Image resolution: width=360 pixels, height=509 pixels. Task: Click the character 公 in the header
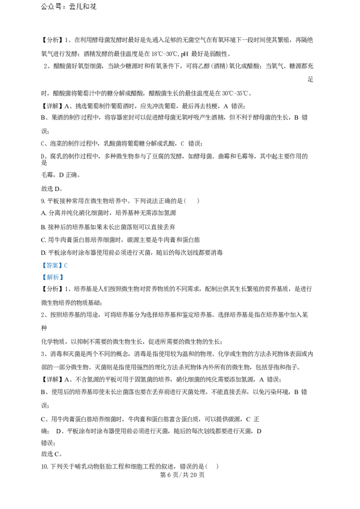(x=45, y=7)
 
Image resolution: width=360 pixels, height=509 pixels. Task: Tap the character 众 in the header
(x=51, y=7)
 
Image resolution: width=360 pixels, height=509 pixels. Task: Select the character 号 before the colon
(x=58, y=7)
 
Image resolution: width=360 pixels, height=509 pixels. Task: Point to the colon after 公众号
(x=64, y=7)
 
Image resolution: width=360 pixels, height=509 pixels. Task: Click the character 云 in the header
(x=72, y=7)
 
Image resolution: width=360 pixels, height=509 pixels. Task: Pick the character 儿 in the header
(x=79, y=7)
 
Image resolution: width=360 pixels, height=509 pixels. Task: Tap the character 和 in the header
(x=86, y=7)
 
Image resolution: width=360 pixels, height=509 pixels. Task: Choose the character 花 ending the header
(x=93, y=7)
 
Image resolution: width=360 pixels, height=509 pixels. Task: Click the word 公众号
(x=51, y=7)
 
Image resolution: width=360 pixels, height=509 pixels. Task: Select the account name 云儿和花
(x=83, y=7)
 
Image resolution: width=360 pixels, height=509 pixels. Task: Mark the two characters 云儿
(x=76, y=7)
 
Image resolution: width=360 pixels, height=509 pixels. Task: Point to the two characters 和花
(x=90, y=7)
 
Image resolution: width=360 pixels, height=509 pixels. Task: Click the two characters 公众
(x=48, y=7)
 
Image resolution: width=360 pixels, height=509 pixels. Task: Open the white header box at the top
(x=70, y=7)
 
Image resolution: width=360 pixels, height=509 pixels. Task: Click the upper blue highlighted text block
(x=54, y=265)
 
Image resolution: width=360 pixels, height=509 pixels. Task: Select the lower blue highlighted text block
(x=54, y=277)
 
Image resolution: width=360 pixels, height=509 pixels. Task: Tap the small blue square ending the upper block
(x=66, y=266)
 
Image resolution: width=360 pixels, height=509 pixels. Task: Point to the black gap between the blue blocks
(x=54, y=271)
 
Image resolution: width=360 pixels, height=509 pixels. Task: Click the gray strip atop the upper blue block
(x=54, y=260)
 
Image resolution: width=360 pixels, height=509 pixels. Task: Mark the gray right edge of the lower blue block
(x=64, y=277)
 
